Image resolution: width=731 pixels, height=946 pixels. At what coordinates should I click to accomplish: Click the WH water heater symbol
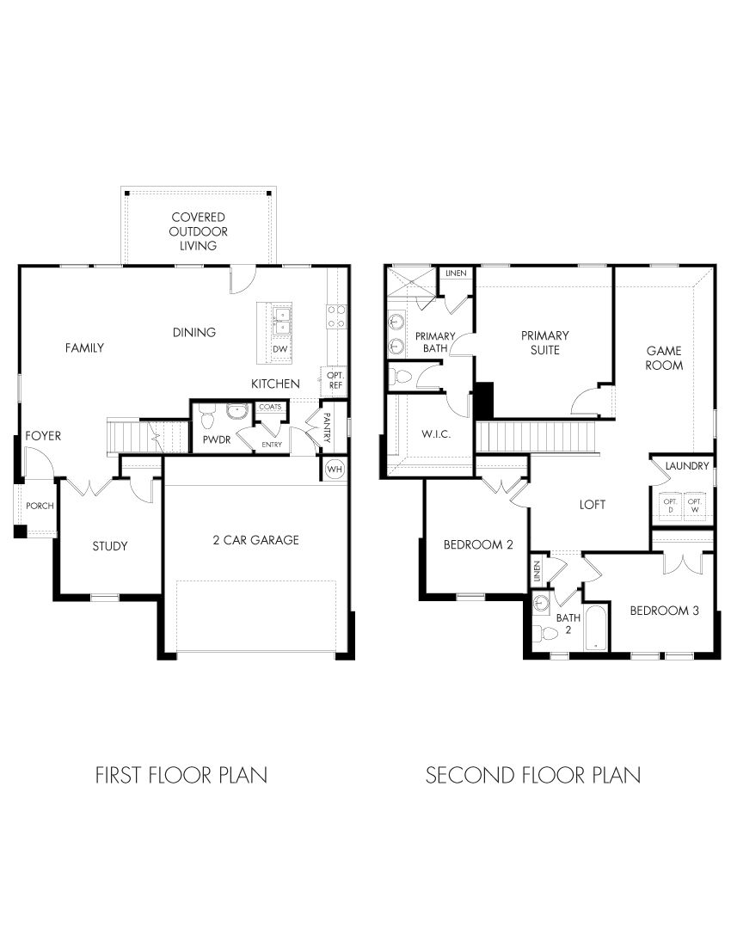(335, 469)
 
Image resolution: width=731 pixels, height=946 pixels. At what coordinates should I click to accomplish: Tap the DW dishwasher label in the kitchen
(279, 349)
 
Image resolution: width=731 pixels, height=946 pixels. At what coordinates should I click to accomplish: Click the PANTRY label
(328, 427)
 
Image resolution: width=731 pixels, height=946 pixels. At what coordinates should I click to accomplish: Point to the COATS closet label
(269, 408)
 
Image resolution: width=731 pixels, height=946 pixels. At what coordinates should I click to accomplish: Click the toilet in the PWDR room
(206, 419)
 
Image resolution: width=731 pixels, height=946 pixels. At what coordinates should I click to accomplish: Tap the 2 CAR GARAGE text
(255, 540)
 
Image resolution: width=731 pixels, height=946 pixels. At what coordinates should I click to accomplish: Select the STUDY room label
(110, 546)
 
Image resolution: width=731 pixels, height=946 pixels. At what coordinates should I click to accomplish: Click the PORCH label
(40, 506)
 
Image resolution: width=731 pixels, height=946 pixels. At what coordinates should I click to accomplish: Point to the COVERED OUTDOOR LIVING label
(198, 231)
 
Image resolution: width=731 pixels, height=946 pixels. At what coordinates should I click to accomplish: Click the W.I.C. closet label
(431, 433)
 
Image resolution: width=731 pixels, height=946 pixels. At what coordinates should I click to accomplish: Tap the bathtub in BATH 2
(594, 630)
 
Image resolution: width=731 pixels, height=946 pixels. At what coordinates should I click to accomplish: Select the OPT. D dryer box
(669, 507)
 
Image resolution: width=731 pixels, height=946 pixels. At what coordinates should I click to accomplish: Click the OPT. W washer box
(697, 507)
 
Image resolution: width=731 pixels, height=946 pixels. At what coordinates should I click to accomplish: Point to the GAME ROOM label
(664, 358)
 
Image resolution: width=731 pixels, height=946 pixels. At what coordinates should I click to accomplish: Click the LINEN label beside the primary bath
(456, 273)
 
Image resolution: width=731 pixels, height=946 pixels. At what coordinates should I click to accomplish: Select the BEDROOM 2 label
(478, 544)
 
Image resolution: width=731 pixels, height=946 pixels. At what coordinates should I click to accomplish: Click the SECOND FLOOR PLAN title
(532, 775)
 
